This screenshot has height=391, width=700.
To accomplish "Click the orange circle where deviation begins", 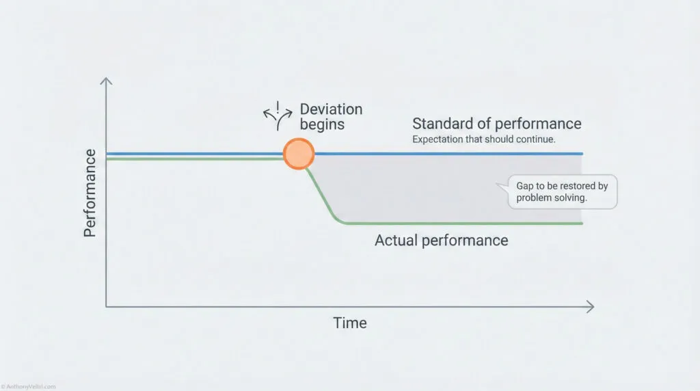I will [299, 154].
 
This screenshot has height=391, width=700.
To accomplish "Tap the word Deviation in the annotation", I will [331, 109].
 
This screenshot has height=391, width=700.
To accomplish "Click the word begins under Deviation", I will [322, 124].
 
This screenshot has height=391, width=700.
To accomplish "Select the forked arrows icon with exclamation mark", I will [278, 116].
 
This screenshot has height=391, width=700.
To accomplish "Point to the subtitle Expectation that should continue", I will [483, 139].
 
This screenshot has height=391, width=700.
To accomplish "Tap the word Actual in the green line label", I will [396, 241].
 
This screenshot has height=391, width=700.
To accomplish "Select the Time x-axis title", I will [350, 323].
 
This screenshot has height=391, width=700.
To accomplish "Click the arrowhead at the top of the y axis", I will [106, 82].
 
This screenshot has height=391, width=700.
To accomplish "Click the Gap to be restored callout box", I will [563, 191].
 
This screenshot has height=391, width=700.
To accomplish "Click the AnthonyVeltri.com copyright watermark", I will [29, 386].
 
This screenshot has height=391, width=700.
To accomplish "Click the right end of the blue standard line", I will [580, 154].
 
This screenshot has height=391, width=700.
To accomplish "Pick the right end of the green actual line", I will [580, 224].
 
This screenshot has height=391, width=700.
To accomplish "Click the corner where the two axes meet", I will [107, 307].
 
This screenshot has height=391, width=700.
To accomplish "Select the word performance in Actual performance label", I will [464, 241].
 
